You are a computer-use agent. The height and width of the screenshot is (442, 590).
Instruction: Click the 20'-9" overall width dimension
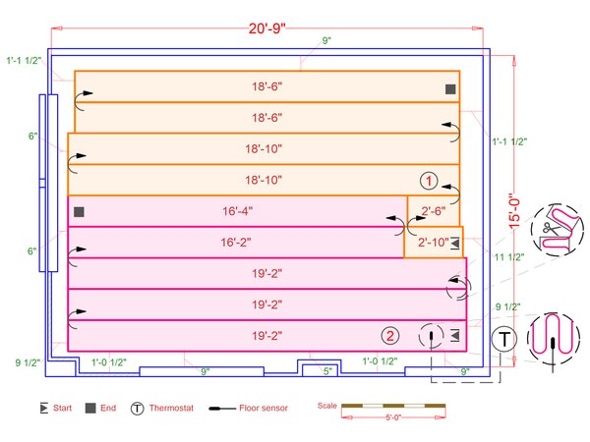pyautogui.click(x=267, y=28)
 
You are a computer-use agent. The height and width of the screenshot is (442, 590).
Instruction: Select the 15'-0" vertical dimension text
pyautogui.click(x=514, y=211)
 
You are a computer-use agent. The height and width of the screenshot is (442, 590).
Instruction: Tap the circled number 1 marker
pyautogui.click(x=429, y=181)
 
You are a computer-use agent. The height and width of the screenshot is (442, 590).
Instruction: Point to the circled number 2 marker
pyautogui.click(x=390, y=336)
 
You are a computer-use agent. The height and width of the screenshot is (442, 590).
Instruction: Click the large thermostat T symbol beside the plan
pyautogui.click(x=503, y=339)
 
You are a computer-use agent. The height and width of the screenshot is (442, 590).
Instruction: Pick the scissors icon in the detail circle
pyautogui.click(x=551, y=228)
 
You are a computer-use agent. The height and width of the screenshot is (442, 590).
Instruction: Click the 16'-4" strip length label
pyautogui.click(x=237, y=211)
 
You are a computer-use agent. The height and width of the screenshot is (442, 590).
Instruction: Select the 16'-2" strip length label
pyautogui.click(x=236, y=243)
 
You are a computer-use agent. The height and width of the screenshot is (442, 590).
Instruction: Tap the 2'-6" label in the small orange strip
pyautogui.click(x=434, y=211)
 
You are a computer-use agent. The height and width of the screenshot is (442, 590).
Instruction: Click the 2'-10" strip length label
pyautogui.click(x=433, y=243)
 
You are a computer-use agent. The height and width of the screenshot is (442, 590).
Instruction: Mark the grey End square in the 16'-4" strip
pyautogui.click(x=79, y=212)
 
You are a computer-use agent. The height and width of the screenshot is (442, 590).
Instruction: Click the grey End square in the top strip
pyautogui.click(x=450, y=89)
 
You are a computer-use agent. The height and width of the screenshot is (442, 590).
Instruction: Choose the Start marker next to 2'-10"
pyautogui.click(x=455, y=243)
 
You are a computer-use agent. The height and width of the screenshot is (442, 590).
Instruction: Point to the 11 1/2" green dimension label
pyautogui.click(x=509, y=257)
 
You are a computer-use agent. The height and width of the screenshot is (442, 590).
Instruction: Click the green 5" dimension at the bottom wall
pyautogui.click(x=327, y=371)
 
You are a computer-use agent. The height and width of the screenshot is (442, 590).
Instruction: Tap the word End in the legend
pyautogui.click(x=108, y=408)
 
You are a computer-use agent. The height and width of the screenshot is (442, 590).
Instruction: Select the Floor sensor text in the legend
pyautogui.click(x=264, y=408)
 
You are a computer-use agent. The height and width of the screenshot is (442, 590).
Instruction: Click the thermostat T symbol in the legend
pyautogui.click(x=138, y=409)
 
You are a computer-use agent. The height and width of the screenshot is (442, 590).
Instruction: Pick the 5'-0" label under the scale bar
pyautogui.click(x=393, y=417)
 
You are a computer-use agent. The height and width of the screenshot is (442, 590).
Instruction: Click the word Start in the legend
pyautogui.click(x=62, y=408)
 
